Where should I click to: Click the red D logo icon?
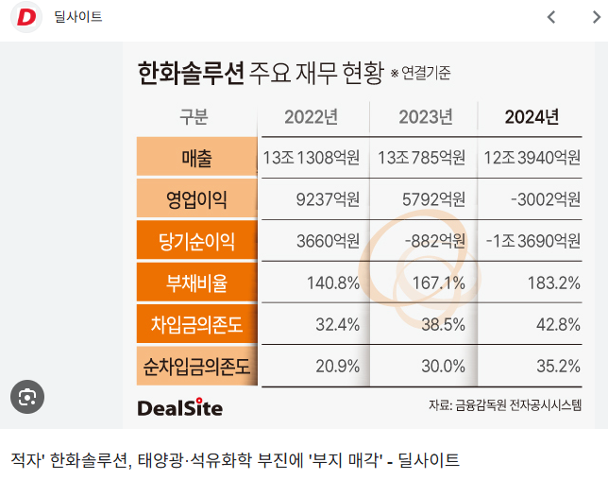pyautogui.click(x=26, y=18)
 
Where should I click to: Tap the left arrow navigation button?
pyautogui.click(x=552, y=17)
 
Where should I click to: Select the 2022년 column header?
pyautogui.click(x=311, y=117)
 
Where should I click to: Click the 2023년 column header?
pyautogui.click(x=425, y=117)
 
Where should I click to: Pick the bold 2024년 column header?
pyautogui.click(x=532, y=117)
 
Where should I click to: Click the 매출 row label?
pyautogui.click(x=196, y=157)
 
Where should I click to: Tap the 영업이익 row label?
pyautogui.click(x=196, y=198)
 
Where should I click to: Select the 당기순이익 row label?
pyautogui.click(x=196, y=241)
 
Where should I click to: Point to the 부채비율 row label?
pyautogui.click(x=196, y=283)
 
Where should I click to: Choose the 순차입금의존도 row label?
pyautogui.click(x=196, y=366)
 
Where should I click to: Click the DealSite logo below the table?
pyautogui.click(x=179, y=407)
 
